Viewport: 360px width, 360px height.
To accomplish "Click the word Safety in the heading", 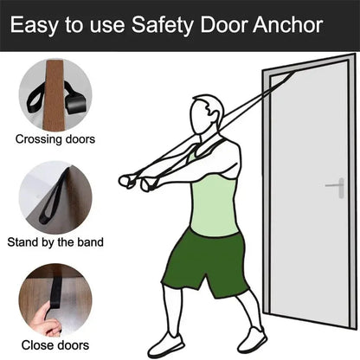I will coord(164,25).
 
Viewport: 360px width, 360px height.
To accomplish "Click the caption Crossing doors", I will coord(56,138).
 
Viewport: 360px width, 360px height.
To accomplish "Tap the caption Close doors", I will coord(56,344).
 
